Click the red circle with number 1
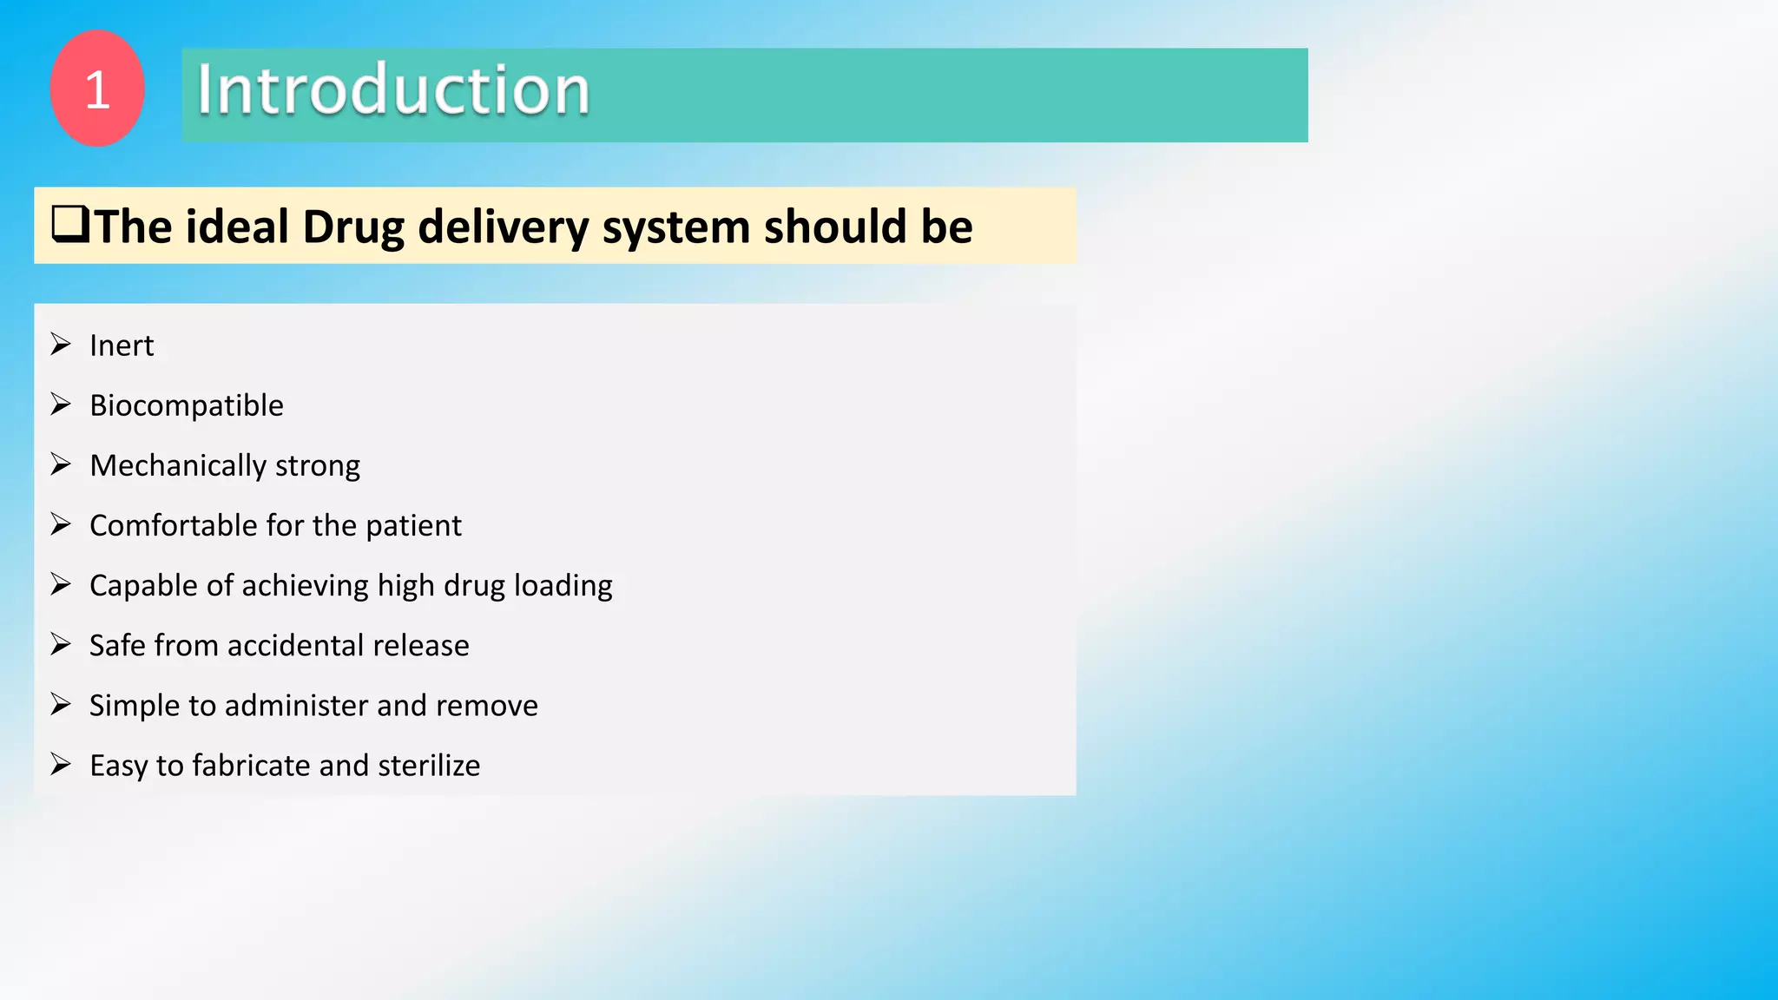click(x=97, y=89)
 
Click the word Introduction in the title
click(x=393, y=90)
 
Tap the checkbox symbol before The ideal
click(x=69, y=225)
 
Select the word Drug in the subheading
click(x=353, y=227)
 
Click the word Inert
click(x=122, y=345)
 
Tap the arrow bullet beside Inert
click(x=60, y=345)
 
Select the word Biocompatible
click(x=187, y=405)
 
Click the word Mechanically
click(x=177, y=466)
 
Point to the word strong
click(x=317, y=466)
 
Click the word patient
click(x=413, y=526)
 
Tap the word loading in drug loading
click(x=563, y=586)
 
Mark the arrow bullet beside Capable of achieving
click(x=60, y=584)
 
